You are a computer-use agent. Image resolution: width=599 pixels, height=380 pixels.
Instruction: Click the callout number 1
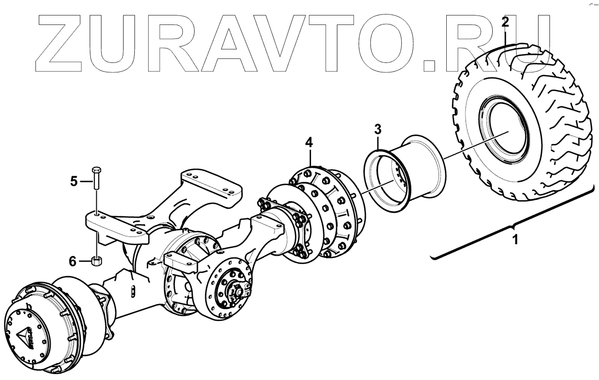click(x=515, y=239)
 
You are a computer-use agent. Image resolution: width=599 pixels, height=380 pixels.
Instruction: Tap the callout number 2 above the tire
click(x=505, y=22)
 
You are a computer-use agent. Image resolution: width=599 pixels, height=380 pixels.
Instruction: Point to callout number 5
click(x=74, y=181)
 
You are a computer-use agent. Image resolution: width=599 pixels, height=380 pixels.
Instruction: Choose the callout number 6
click(x=73, y=261)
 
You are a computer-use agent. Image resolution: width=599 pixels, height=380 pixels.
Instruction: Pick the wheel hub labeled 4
click(x=319, y=210)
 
